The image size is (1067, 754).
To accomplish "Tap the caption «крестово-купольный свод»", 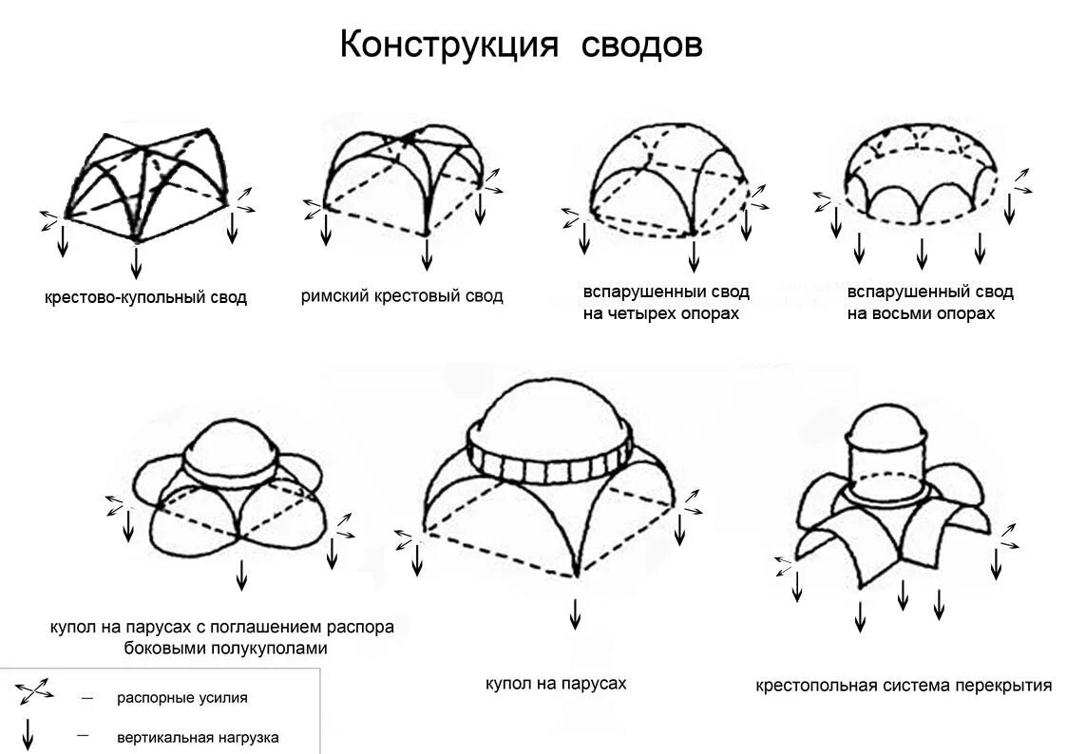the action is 145,298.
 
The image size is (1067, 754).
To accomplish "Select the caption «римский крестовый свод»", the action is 402,296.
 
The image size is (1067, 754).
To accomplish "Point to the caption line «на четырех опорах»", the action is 660,313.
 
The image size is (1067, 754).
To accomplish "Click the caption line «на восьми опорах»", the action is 921,313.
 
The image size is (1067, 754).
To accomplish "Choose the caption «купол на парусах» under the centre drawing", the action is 556,683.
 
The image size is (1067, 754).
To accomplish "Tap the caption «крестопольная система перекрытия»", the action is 904,685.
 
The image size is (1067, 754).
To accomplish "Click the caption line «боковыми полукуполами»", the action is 225,649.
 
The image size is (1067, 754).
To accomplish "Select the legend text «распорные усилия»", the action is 182,698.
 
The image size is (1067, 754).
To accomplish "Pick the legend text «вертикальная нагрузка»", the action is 198,737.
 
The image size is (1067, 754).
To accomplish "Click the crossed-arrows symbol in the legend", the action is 34,692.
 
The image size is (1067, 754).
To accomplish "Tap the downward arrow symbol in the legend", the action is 29,733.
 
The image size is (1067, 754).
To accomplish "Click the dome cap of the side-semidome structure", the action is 228,445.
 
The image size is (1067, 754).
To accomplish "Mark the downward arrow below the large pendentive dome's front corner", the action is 575,613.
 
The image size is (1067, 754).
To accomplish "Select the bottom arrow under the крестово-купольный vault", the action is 137,260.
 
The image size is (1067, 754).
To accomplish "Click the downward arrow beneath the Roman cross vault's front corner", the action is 427,254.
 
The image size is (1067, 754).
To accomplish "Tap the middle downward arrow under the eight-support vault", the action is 921,254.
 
